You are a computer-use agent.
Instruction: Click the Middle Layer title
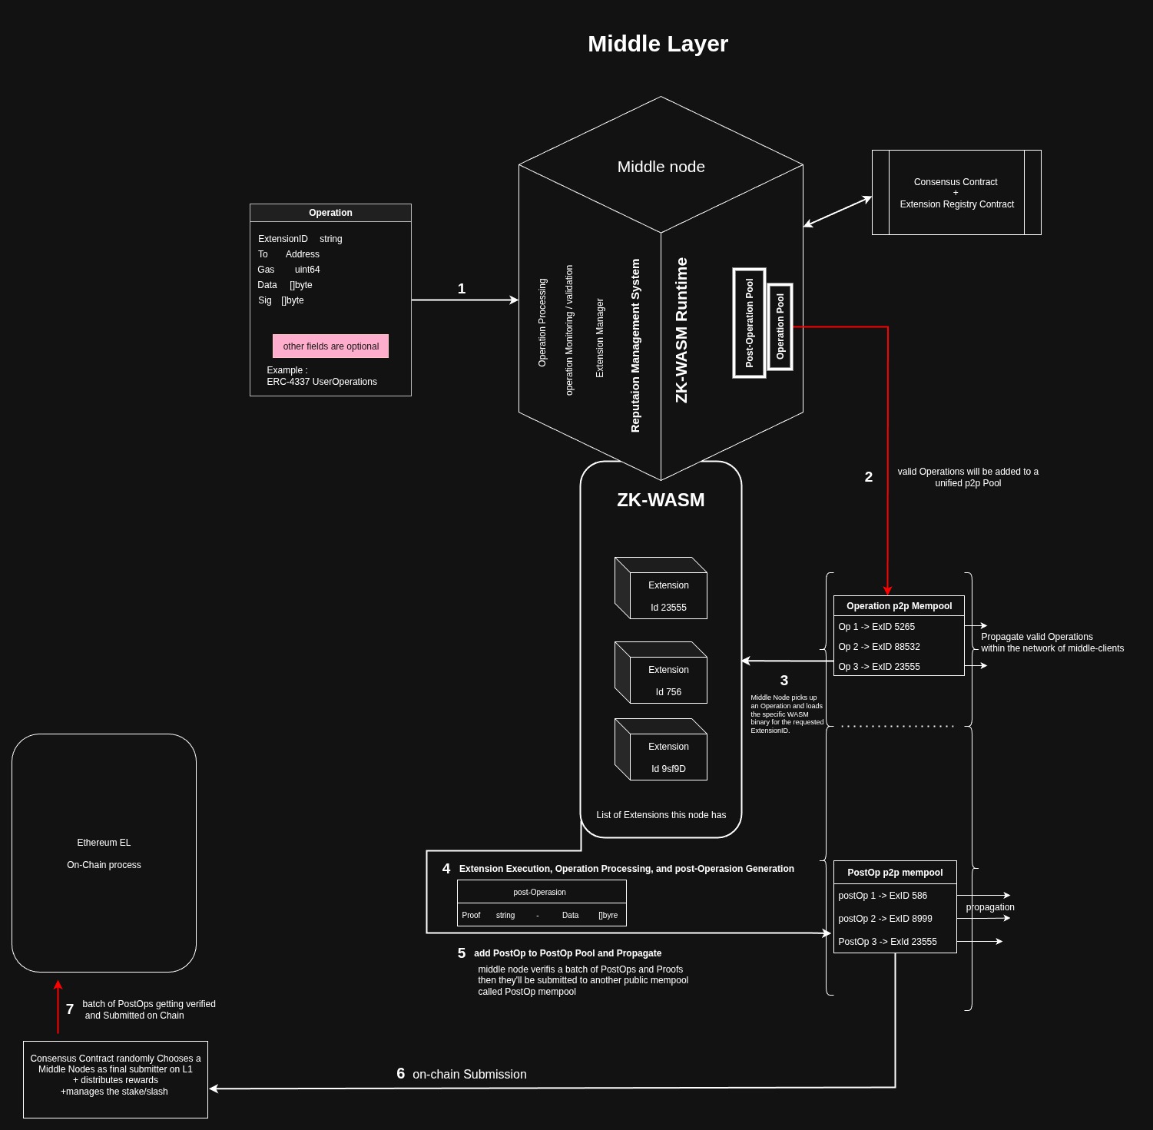tap(658, 44)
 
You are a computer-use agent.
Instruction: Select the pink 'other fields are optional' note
tap(330, 346)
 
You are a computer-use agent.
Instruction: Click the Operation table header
tap(330, 213)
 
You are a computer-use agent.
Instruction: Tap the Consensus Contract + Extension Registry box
tap(956, 193)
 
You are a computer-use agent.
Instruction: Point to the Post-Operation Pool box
tap(749, 323)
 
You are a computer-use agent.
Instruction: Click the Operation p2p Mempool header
tap(899, 606)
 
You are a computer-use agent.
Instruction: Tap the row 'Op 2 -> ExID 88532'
tap(879, 647)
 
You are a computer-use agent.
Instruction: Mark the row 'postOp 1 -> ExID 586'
tap(883, 896)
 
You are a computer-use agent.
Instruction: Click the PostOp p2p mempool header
tap(895, 873)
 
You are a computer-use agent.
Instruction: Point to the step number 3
tap(784, 681)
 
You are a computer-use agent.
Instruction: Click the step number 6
tap(400, 1073)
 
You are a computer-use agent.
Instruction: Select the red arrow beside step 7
tap(58, 1006)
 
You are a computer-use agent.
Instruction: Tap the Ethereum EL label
tap(104, 843)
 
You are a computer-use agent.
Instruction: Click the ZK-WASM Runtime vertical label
tap(681, 330)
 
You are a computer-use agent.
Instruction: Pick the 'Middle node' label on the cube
tap(661, 167)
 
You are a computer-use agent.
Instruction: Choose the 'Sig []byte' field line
tap(281, 300)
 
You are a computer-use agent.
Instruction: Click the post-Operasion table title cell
tap(539, 892)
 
